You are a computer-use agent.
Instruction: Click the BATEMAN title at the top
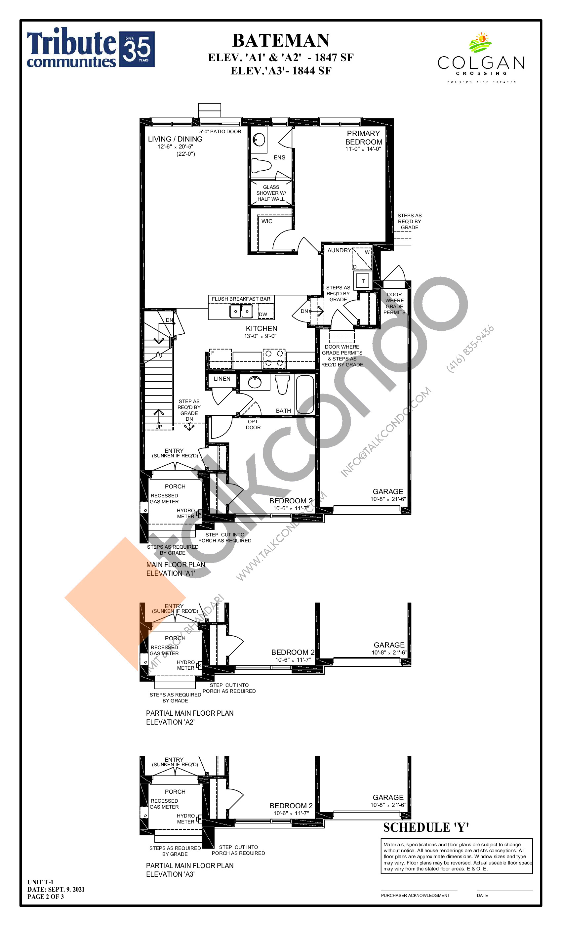[x=281, y=41]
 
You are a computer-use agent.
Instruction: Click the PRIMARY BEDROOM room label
[x=363, y=138]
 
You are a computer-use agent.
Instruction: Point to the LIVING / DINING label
[x=175, y=139]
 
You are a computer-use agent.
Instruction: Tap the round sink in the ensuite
[x=259, y=140]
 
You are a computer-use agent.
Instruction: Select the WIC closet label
[x=267, y=221]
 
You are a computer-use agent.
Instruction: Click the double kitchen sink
[x=241, y=311]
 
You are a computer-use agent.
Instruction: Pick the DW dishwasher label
[x=263, y=314]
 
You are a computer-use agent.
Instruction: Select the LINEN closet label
[x=222, y=379]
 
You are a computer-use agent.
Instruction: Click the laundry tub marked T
[x=363, y=281]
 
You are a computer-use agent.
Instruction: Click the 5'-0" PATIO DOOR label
[x=220, y=132]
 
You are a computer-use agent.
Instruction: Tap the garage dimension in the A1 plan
[x=388, y=499]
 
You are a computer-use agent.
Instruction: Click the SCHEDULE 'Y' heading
[x=426, y=827]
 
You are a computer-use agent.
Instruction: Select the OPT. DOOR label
[x=253, y=424]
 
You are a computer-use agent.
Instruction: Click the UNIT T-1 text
[x=41, y=882]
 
